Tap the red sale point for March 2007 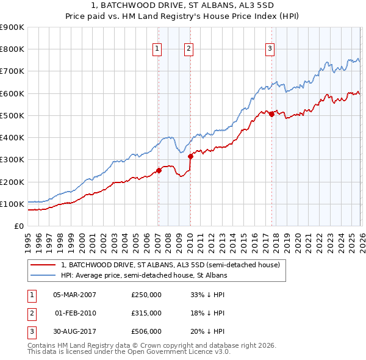click(x=159, y=170)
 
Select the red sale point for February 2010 click(x=190, y=156)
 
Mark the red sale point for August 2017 click(x=271, y=114)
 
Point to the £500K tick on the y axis click(x=12, y=115)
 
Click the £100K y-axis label click(x=12, y=204)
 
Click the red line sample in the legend click(x=43, y=265)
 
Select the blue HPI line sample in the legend click(x=43, y=275)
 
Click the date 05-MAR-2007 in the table click(x=74, y=295)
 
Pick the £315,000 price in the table click(x=146, y=313)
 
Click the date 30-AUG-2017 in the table click(x=74, y=331)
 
